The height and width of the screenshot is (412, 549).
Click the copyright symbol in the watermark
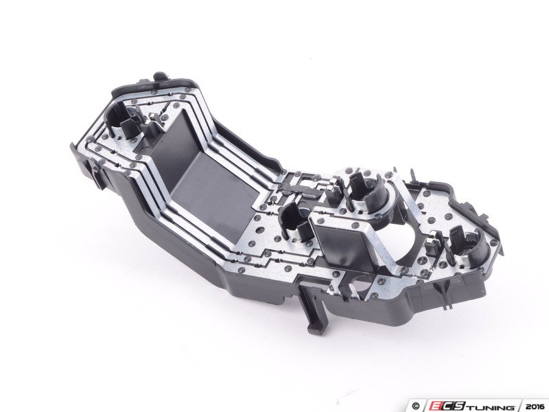(x=416, y=407)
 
